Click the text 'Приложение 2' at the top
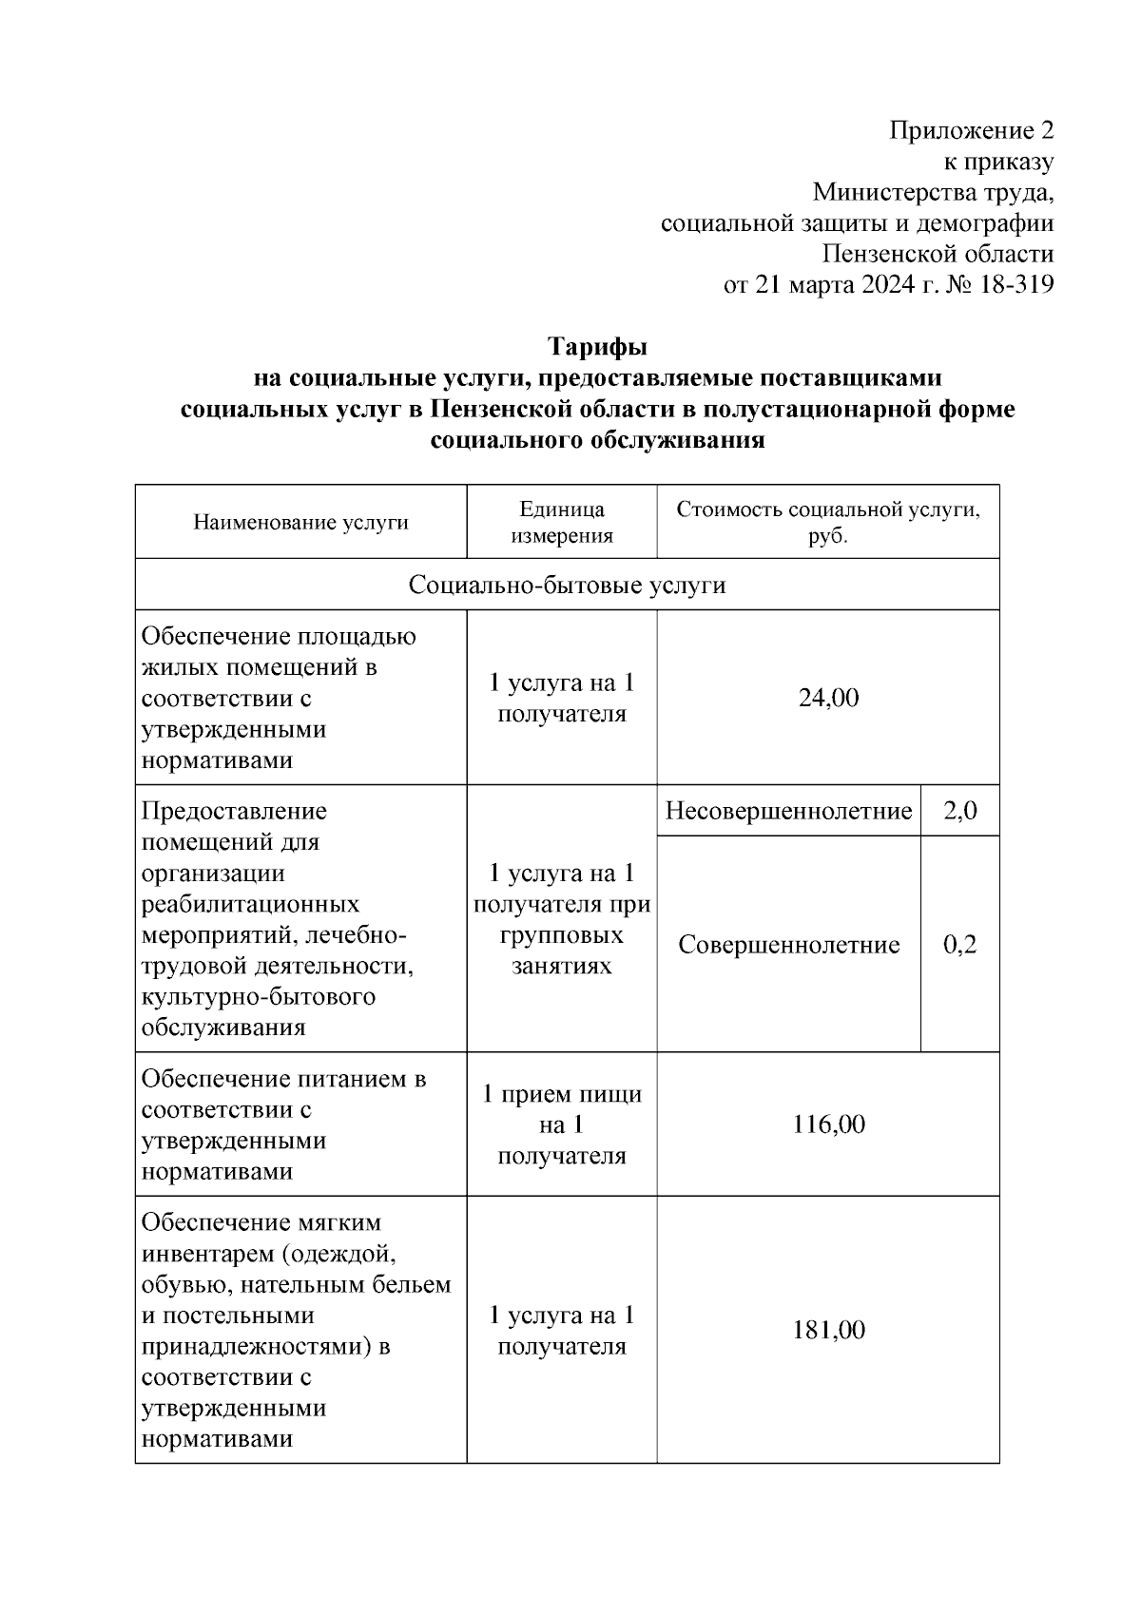click(x=971, y=130)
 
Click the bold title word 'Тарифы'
click(x=597, y=346)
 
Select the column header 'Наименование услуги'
click(x=300, y=522)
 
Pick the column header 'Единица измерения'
click(x=562, y=522)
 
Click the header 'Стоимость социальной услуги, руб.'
click(x=827, y=522)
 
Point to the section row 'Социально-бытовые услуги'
click(x=567, y=585)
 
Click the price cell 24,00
click(x=828, y=698)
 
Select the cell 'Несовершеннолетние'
click(x=788, y=811)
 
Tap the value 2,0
click(x=959, y=811)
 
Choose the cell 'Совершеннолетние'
click(x=788, y=945)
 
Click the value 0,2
click(x=959, y=945)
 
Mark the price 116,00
click(x=828, y=1124)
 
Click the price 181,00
click(x=828, y=1330)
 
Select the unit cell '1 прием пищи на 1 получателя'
click(x=562, y=1124)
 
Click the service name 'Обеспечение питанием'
click(x=283, y=1079)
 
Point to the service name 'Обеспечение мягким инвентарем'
click(x=261, y=1222)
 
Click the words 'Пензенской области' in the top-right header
click(x=938, y=254)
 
